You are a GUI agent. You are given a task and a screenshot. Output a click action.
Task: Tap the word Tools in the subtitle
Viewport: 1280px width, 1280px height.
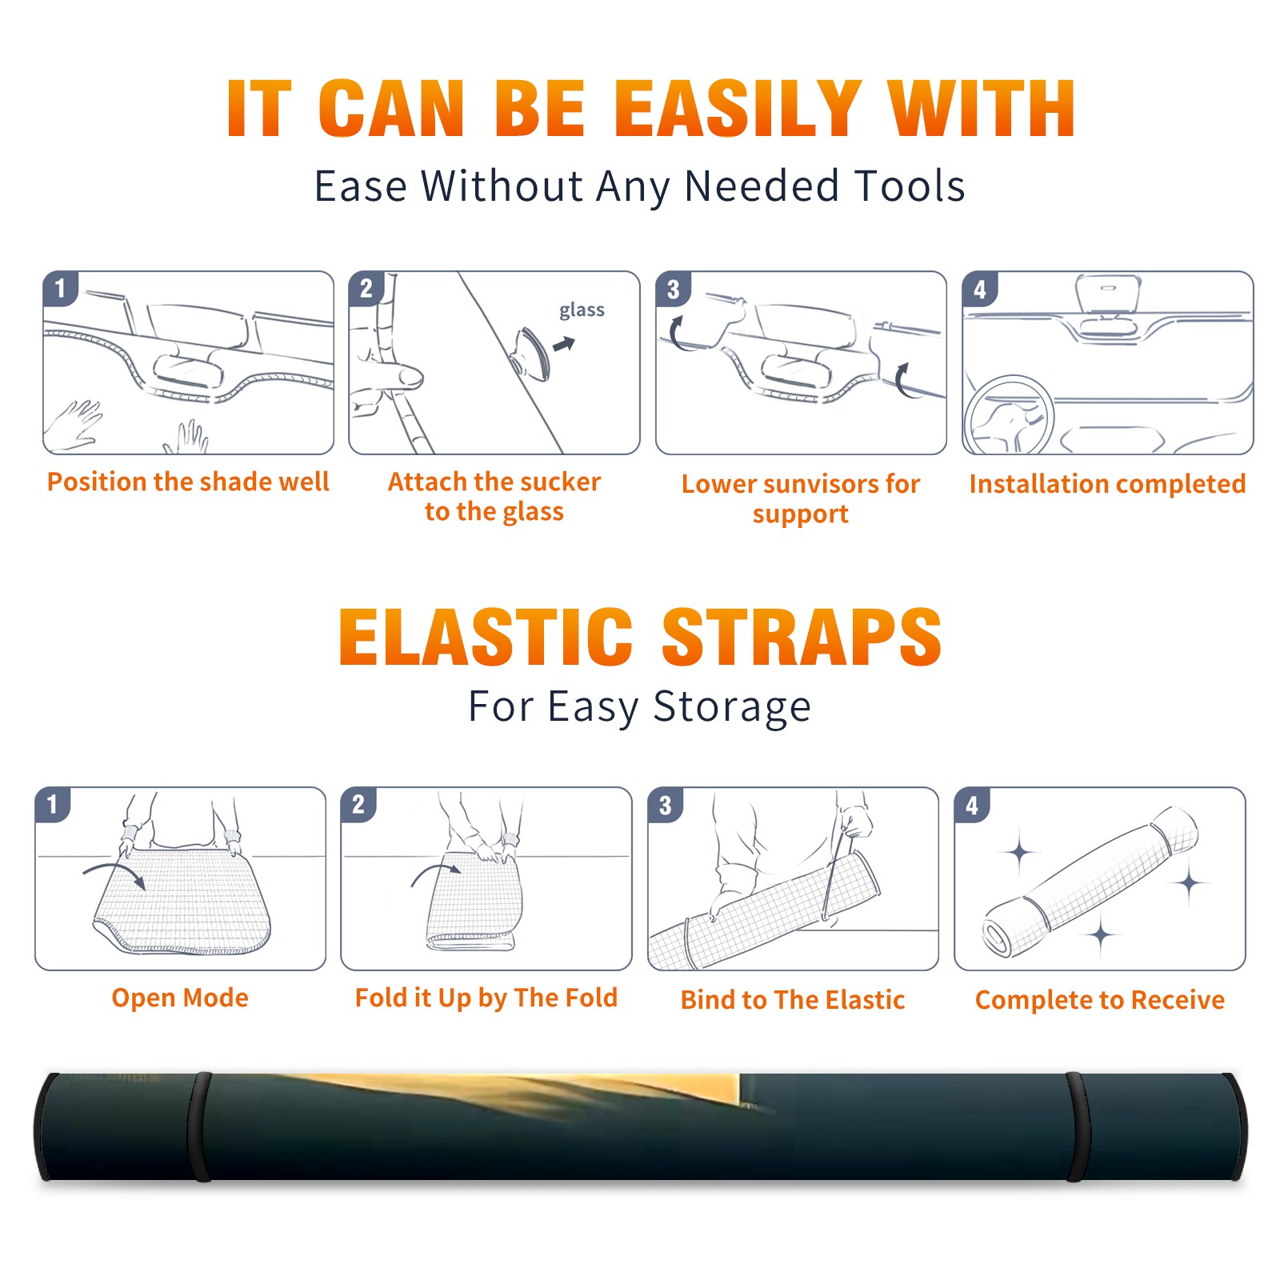pos(910,186)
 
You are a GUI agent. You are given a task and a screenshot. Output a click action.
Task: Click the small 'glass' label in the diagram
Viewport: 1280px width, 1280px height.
pos(582,310)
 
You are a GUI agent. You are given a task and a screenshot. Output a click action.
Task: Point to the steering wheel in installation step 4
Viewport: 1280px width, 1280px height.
pos(1010,416)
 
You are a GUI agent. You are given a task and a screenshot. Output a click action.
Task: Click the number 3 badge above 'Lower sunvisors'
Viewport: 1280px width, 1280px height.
pos(673,289)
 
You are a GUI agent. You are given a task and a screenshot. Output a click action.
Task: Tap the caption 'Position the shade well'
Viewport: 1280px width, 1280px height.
pos(188,482)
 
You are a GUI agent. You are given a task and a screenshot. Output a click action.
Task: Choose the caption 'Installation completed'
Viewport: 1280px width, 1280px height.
pos(1107,484)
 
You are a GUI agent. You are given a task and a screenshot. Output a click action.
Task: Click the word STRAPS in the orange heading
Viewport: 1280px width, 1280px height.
pos(802,637)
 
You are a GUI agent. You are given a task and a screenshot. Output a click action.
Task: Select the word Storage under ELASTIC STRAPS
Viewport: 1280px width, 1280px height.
pos(732,707)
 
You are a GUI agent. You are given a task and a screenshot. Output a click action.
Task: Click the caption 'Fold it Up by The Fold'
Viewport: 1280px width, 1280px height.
pos(486,998)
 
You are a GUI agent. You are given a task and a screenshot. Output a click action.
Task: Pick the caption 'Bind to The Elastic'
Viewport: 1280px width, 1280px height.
pos(793,1000)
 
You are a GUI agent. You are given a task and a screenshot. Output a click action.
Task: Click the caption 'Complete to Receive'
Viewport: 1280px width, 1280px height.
pos(1100,1000)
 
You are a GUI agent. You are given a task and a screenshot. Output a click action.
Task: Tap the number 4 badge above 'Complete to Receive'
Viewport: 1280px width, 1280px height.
pos(972,805)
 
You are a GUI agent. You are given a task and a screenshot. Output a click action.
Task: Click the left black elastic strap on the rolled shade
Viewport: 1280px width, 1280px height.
pos(199,1126)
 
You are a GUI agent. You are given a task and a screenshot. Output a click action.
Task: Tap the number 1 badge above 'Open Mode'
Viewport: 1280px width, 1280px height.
pos(53,805)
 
